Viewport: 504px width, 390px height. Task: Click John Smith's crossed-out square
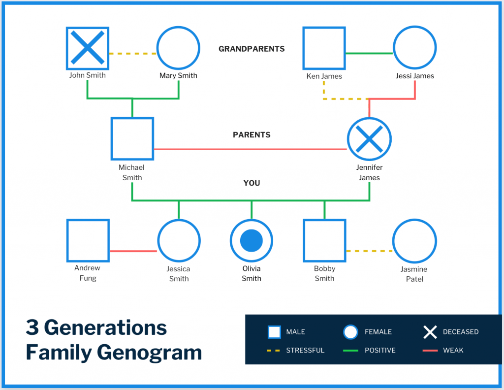click(88, 48)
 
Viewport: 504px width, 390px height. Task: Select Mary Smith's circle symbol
click(178, 48)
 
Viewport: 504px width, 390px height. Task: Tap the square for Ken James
click(324, 48)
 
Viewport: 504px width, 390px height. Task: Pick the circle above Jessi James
click(415, 48)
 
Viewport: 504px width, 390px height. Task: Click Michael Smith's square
click(132, 138)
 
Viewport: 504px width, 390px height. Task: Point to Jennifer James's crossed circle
click(369, 139)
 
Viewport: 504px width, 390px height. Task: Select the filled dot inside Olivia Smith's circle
click(252, 241)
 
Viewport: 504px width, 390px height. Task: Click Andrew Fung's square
click(88, 240)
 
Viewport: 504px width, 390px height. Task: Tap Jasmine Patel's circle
click(414, 241)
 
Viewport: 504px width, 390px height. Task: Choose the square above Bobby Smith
click(324, 240)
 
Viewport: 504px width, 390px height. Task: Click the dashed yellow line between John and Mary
click(132, 53)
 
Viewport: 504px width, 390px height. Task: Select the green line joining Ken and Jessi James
click(369, 53)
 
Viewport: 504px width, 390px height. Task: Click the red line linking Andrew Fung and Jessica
click(133, 251)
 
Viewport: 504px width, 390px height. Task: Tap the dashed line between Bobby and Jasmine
click(369, 251)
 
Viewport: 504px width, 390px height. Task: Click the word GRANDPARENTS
click(252, 49)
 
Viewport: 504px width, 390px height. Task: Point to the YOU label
click(252, 183)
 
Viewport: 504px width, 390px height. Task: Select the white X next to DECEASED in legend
click(430, 332)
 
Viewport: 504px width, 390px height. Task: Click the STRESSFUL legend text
click(305, 350)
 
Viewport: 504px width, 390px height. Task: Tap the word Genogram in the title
click(150, 353)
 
